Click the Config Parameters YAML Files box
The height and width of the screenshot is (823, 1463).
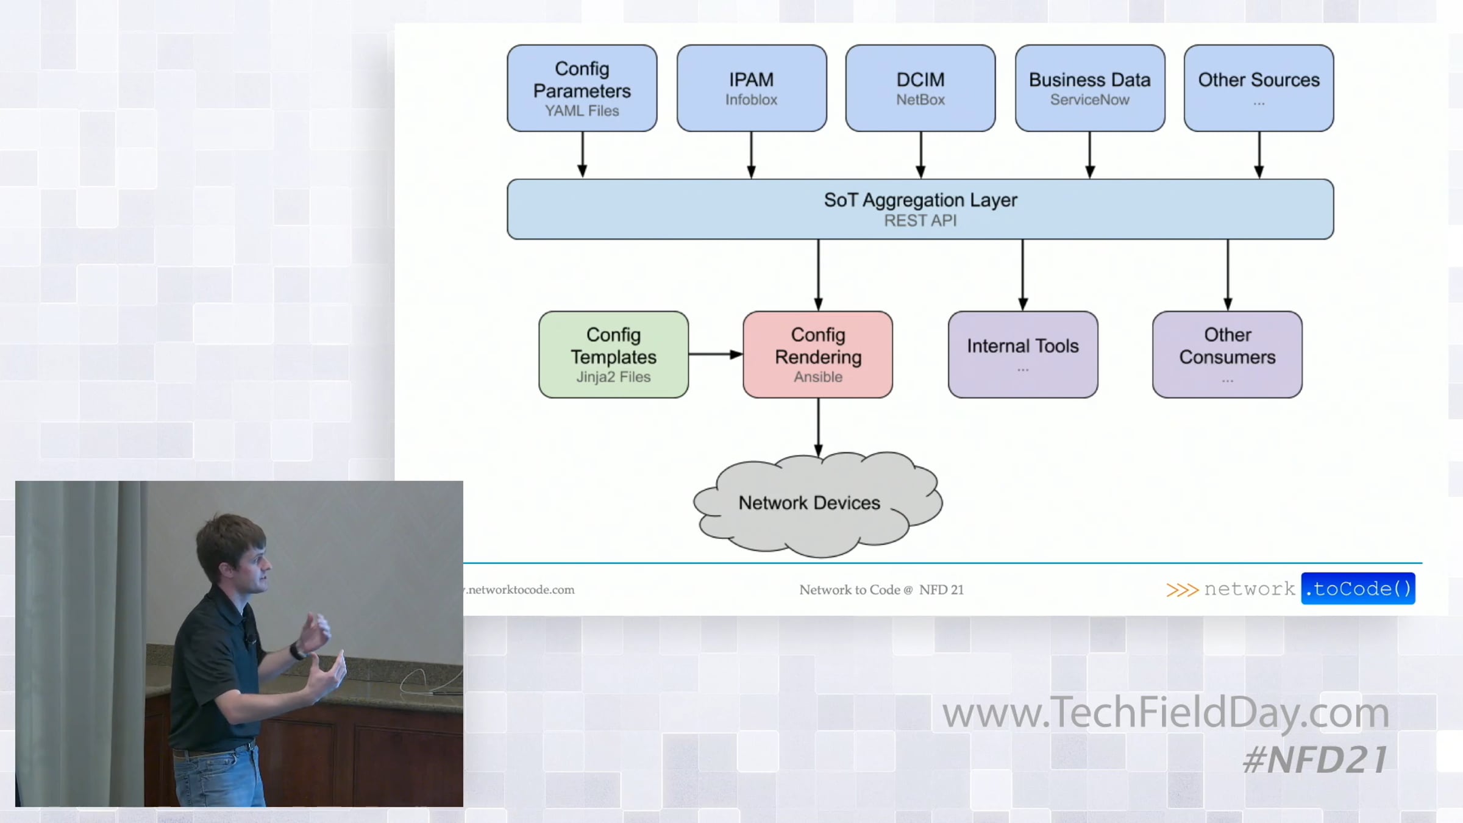pos(582,88)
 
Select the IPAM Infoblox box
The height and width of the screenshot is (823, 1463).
pos(751,88)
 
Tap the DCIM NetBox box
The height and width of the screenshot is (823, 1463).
pos(920,88)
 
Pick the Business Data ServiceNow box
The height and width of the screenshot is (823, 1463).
pos(1089,88)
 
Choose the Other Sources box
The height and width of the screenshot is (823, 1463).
pos(1258,88)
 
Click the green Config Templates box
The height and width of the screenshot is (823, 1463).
pos(613,355)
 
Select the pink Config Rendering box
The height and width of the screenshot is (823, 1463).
pos(817,355)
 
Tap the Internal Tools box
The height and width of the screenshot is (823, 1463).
pos(1022,355)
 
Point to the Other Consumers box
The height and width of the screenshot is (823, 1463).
pos(1226,355)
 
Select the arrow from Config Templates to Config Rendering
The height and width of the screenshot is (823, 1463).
pos(715,354)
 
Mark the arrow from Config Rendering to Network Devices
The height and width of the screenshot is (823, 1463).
pos(818,427)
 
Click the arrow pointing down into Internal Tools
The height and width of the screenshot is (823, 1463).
pos(1023,274)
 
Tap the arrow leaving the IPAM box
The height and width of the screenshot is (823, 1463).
pos(751,155)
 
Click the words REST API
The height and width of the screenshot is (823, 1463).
pos(920,221)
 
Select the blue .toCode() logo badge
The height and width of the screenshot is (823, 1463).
pos(1358,589)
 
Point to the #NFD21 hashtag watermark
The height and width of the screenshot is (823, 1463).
pos(1315,760)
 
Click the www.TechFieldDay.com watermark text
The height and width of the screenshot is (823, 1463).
pos(1165,712)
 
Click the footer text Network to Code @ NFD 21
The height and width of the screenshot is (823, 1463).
pos(881,590)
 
